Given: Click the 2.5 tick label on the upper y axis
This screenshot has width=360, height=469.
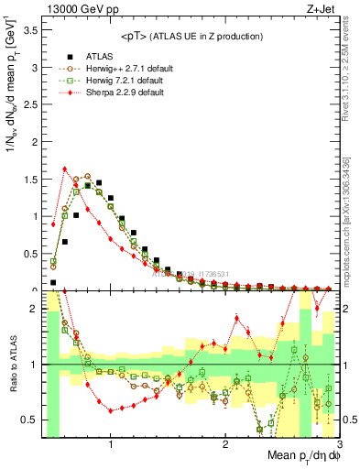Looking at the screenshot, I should coord(28,104).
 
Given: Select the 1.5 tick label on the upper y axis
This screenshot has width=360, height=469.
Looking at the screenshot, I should coord(28,180).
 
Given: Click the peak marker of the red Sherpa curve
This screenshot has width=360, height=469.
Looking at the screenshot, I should coord(64,169).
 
